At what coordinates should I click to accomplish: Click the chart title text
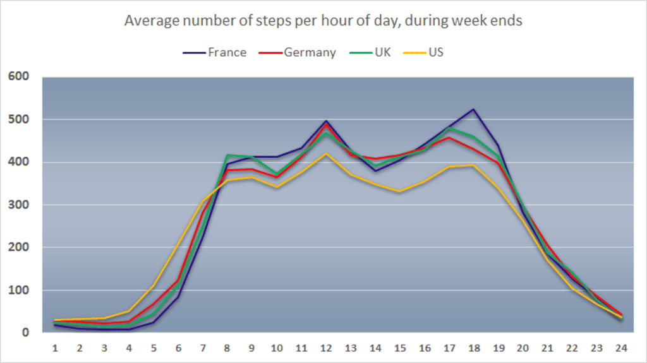pos(323,20)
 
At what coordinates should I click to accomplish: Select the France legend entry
pos(215,52)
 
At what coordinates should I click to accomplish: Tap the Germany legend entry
pos(297,52)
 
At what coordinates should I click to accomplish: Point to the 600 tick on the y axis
pos(19,77)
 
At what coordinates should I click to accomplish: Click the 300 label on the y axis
pos(19,205)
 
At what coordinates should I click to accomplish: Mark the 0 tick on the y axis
pos(27,333)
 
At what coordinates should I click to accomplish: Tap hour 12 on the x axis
pos(327,347)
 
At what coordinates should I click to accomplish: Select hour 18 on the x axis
pos(475,347)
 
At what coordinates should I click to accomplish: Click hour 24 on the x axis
pos(622,347)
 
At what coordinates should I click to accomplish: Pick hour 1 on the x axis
pos(56,347)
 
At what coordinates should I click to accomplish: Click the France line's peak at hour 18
pos(473,109)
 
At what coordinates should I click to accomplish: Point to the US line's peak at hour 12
pos(327,153)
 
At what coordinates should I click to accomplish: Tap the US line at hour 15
pos(401,191)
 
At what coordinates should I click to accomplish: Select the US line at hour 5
pos(154,286)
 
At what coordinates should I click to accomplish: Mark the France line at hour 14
pos(376,170)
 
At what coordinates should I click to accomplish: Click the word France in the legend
pos(227,52)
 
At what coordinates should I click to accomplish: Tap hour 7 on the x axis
pos(203,347)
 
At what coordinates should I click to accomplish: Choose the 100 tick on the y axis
pos(19,290)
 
